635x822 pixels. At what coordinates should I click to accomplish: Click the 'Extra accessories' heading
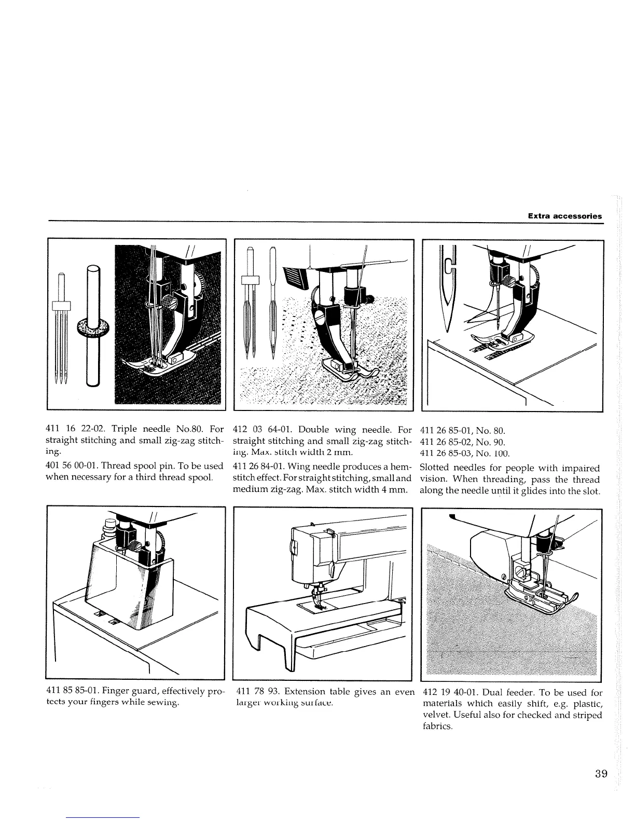(x=564, y=216)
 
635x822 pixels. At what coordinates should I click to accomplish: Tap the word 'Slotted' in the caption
(x=434, y=468)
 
